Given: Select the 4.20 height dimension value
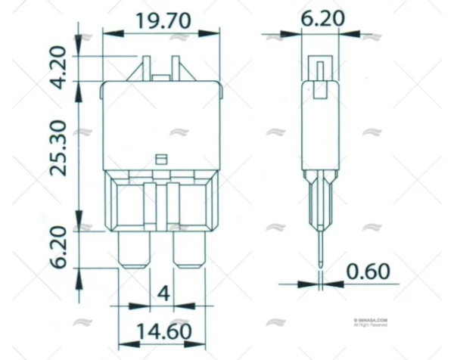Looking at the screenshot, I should (x=63, y=68).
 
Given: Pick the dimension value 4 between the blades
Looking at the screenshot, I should (x=161, y=292).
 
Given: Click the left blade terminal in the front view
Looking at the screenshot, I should (x=134, y=250).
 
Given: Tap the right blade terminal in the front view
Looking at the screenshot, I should (x=189, y=250).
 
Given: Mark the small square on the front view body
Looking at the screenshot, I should (x=160, y=159).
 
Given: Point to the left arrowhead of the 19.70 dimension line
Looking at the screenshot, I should (x=109, y=33).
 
